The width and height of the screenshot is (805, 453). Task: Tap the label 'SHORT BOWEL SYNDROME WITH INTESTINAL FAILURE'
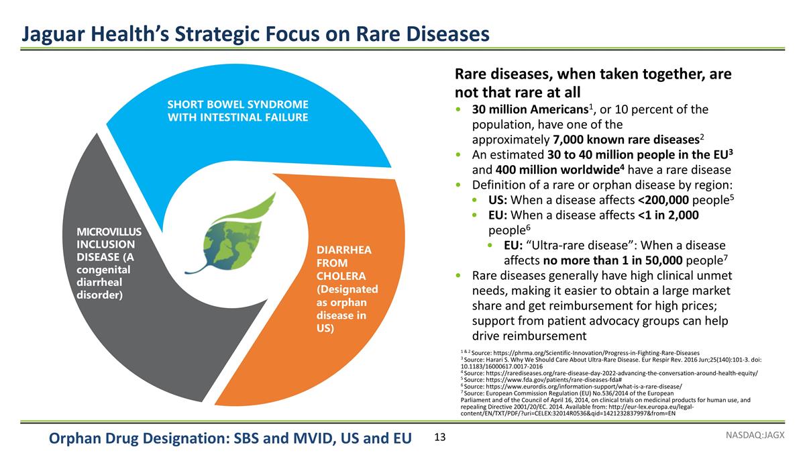coord(237,111)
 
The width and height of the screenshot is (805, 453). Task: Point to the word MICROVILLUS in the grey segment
coord(108,232)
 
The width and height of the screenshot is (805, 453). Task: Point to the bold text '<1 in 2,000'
coord(667,215)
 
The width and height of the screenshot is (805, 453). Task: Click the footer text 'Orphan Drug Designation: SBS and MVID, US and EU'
coord(230,439)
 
